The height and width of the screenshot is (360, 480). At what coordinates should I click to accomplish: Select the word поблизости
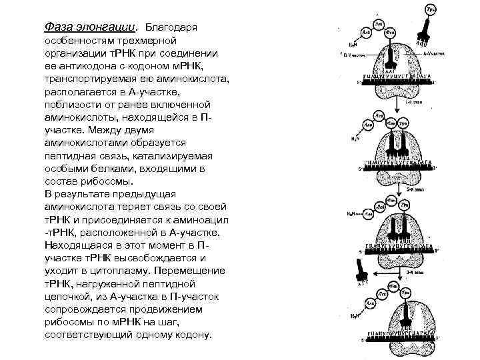[71, 105]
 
